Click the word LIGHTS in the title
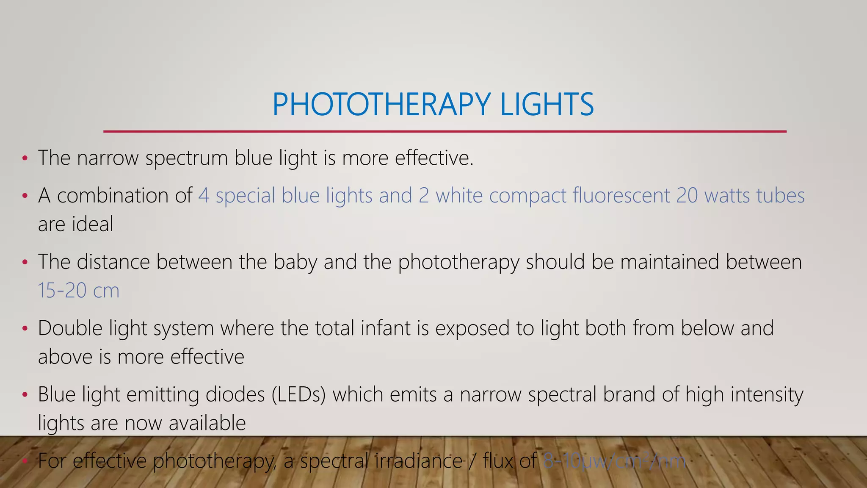click(x=547, y=104)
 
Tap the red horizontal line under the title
click(x=445, y=132)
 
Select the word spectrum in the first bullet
click(x=186, y=158)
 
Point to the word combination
click(x=124, y=196)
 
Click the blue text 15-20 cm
click(x=79, y=291)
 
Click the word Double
click(x=70, y=328)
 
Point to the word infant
click(x=386, y=328)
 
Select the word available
click(x=207, y=423)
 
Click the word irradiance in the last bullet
click(x=419, y=461)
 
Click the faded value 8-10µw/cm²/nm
click(x=614, y=461)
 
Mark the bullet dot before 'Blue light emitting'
click(x=25, y=395)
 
